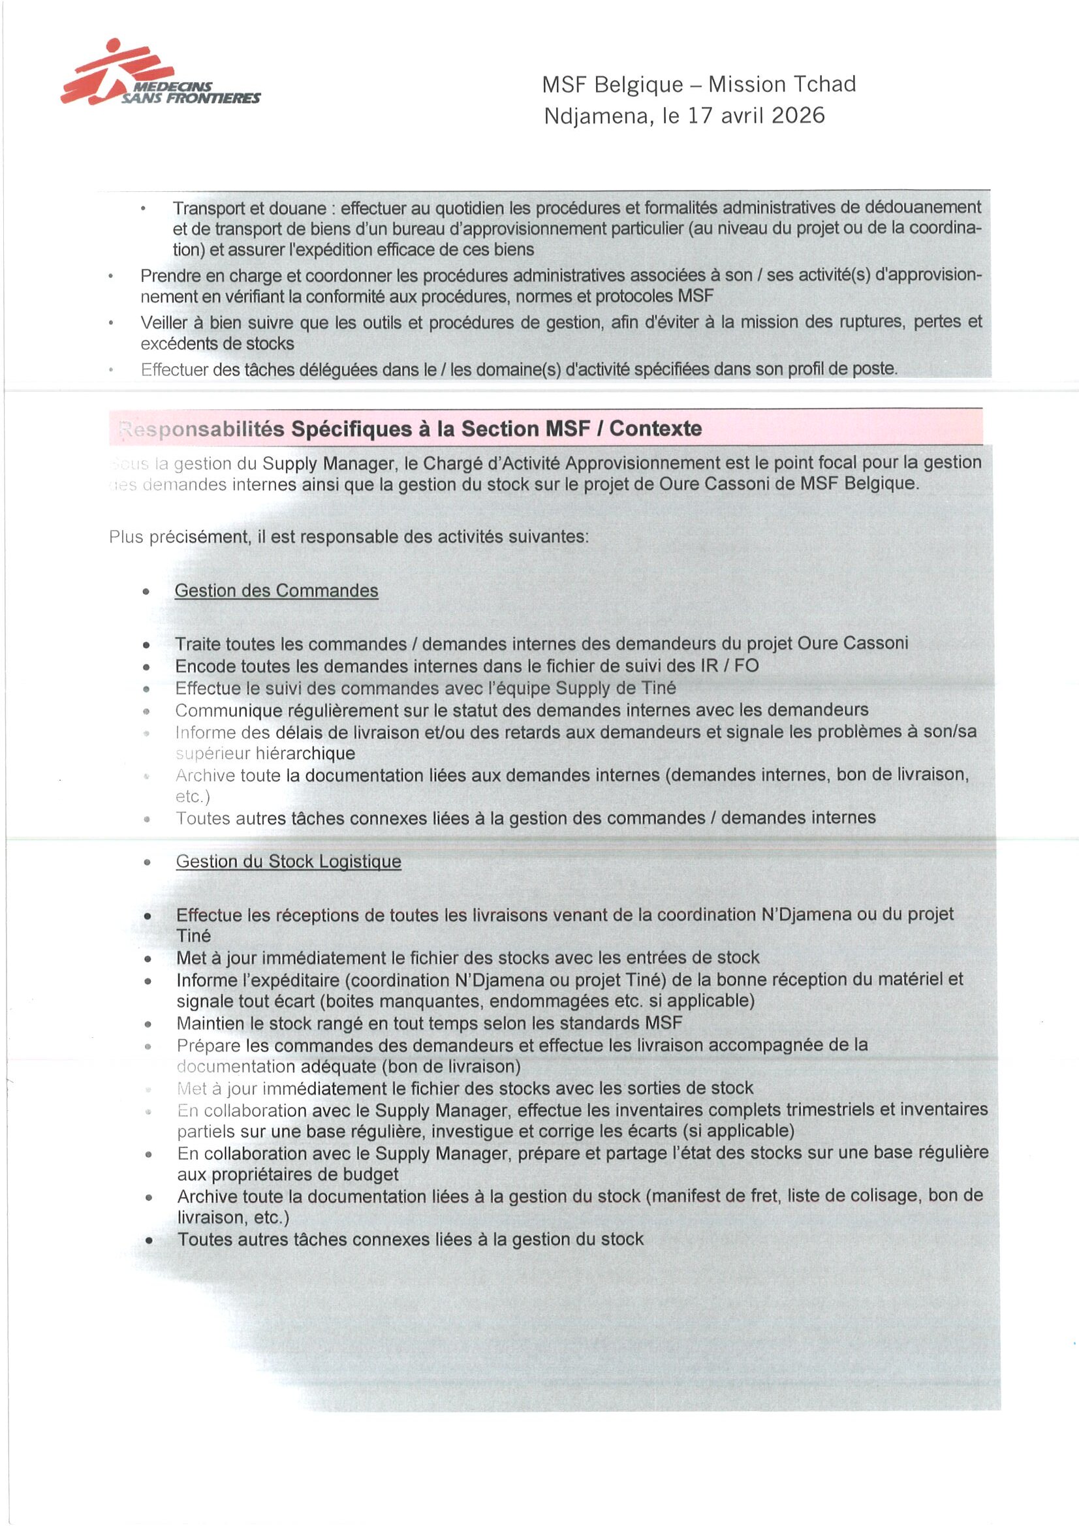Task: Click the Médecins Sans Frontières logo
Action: (x=159, y=74)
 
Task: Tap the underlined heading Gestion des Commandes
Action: (x=276, y=591)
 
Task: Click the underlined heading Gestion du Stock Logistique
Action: (x=288, y=862)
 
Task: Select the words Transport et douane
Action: (x=249, y=208)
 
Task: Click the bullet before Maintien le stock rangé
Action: (x=148, y=1024)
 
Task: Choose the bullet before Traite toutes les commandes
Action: (x=146, y=645)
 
